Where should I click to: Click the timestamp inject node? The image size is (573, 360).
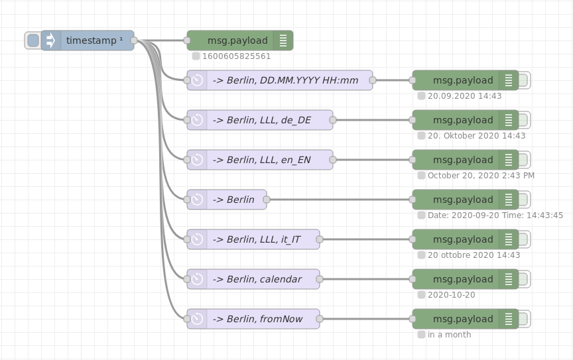93,40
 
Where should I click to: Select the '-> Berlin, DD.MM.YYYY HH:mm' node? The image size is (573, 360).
285,80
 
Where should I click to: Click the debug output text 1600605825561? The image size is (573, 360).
236,56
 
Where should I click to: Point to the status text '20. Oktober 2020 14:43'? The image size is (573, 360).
476,136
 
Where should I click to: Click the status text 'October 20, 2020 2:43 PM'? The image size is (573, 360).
481,176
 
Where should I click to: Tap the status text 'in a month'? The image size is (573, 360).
449,335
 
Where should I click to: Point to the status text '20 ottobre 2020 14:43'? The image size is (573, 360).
474,255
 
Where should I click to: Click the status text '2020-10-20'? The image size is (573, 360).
451,295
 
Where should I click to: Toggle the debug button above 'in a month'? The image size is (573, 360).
523,319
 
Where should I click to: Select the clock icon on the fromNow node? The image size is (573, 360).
197,319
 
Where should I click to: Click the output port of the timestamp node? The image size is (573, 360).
134,40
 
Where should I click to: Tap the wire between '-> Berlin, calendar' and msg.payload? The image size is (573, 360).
365,279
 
